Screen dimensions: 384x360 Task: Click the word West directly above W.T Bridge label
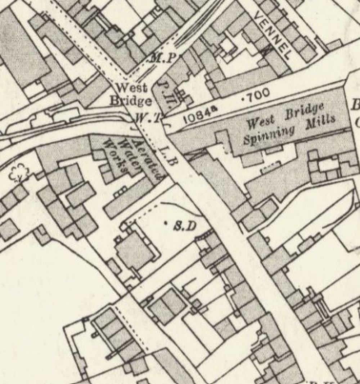tap(126, 87)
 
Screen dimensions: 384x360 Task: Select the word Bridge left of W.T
tap(130, 101)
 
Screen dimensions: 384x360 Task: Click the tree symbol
tap(17, 173)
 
